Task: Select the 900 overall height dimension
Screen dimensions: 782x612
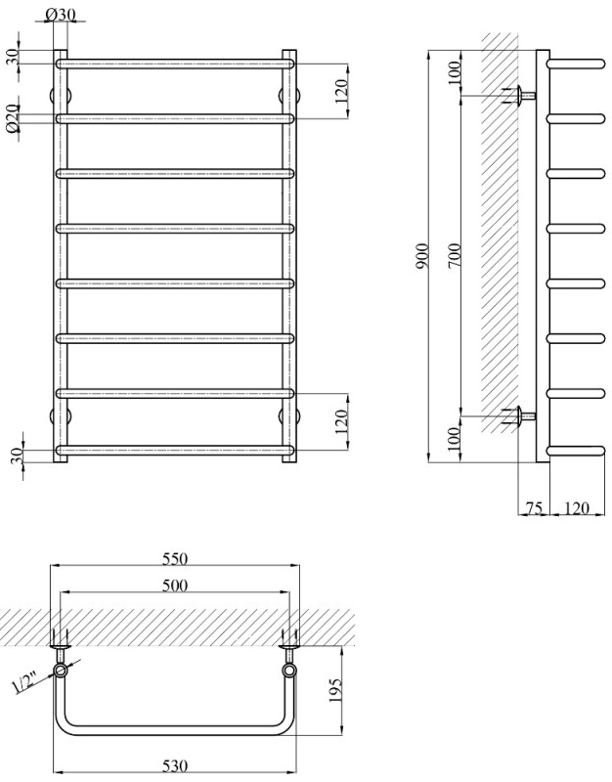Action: tap(421, 259)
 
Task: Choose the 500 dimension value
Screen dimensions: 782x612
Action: tap(176, 586)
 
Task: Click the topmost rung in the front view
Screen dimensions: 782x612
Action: tap(176, 64)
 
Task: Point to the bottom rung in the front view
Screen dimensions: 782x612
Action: tap(176, 451)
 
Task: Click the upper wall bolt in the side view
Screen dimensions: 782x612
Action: tap(519, 96)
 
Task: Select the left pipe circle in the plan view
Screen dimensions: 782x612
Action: tap(63, 673)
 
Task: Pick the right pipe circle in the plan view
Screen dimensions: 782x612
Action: tap(289, 673)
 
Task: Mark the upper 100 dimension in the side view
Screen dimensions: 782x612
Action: tap(455, 72)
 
